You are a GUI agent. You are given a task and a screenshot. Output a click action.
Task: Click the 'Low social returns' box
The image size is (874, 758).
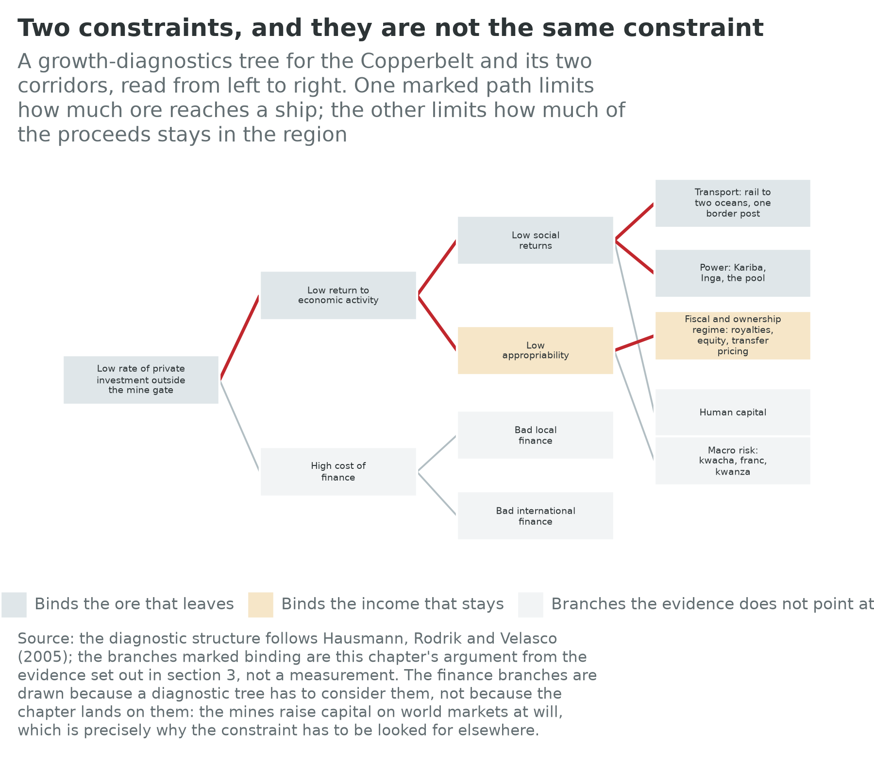pos(536,241)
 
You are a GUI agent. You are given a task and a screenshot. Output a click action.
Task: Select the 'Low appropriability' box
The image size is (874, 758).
pos(536,350)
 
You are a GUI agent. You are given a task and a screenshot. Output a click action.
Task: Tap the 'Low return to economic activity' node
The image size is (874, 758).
pos(338,295)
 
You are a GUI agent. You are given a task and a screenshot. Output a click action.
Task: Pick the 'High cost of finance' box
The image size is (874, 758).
pos(338,472)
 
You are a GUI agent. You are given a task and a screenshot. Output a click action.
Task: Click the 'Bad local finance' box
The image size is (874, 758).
pos(536,435)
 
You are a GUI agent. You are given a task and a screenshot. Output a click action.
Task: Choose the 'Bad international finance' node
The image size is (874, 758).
pos(536,516)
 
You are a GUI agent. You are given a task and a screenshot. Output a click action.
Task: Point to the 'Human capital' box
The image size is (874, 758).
pos(733,413)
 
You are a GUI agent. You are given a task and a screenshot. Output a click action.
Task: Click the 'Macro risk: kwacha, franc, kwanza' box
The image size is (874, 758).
pos(733,461)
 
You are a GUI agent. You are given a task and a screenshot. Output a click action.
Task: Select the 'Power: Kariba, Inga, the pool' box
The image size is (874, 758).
pos(733,273)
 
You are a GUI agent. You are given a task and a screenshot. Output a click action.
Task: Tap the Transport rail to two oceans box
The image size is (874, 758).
pos(733,203)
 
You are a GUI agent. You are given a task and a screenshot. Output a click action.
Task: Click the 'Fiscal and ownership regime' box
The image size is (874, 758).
pos(733,336)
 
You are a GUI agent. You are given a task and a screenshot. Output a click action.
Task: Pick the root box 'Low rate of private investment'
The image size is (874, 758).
pos(141,380)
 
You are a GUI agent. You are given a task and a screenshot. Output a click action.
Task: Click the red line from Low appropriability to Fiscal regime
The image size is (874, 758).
pos(635,343)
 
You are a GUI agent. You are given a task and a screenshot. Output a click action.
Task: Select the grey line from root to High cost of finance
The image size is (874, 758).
pos(240,426)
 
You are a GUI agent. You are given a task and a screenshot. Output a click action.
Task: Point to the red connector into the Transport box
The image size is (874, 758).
pos(635,222)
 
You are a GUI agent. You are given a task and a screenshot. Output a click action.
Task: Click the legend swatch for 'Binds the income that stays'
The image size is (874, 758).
pos(261,605)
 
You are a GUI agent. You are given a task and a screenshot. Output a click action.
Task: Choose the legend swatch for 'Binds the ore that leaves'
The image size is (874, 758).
pos(14,605)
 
